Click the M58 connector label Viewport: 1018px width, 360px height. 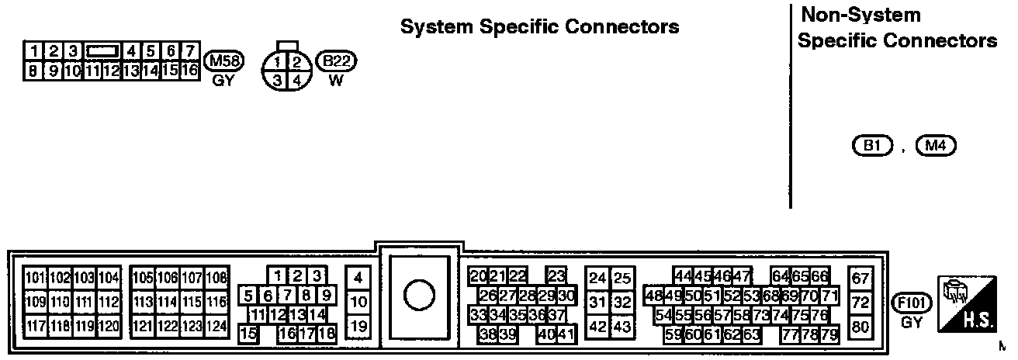coord(223,61)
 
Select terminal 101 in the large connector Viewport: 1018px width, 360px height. coord(36,278)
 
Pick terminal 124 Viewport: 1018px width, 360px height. coord(216,326)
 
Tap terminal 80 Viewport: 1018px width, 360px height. coord(860,327)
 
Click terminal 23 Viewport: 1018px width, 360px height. coord(556,276)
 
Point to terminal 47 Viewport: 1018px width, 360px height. coord(743,276)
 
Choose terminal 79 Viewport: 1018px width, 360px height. coord(829,335)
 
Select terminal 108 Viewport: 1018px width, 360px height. coord(216,278)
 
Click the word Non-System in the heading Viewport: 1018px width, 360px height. coord(860,15)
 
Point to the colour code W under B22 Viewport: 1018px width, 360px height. coord(336,79)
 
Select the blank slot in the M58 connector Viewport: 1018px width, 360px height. coord(102,51)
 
